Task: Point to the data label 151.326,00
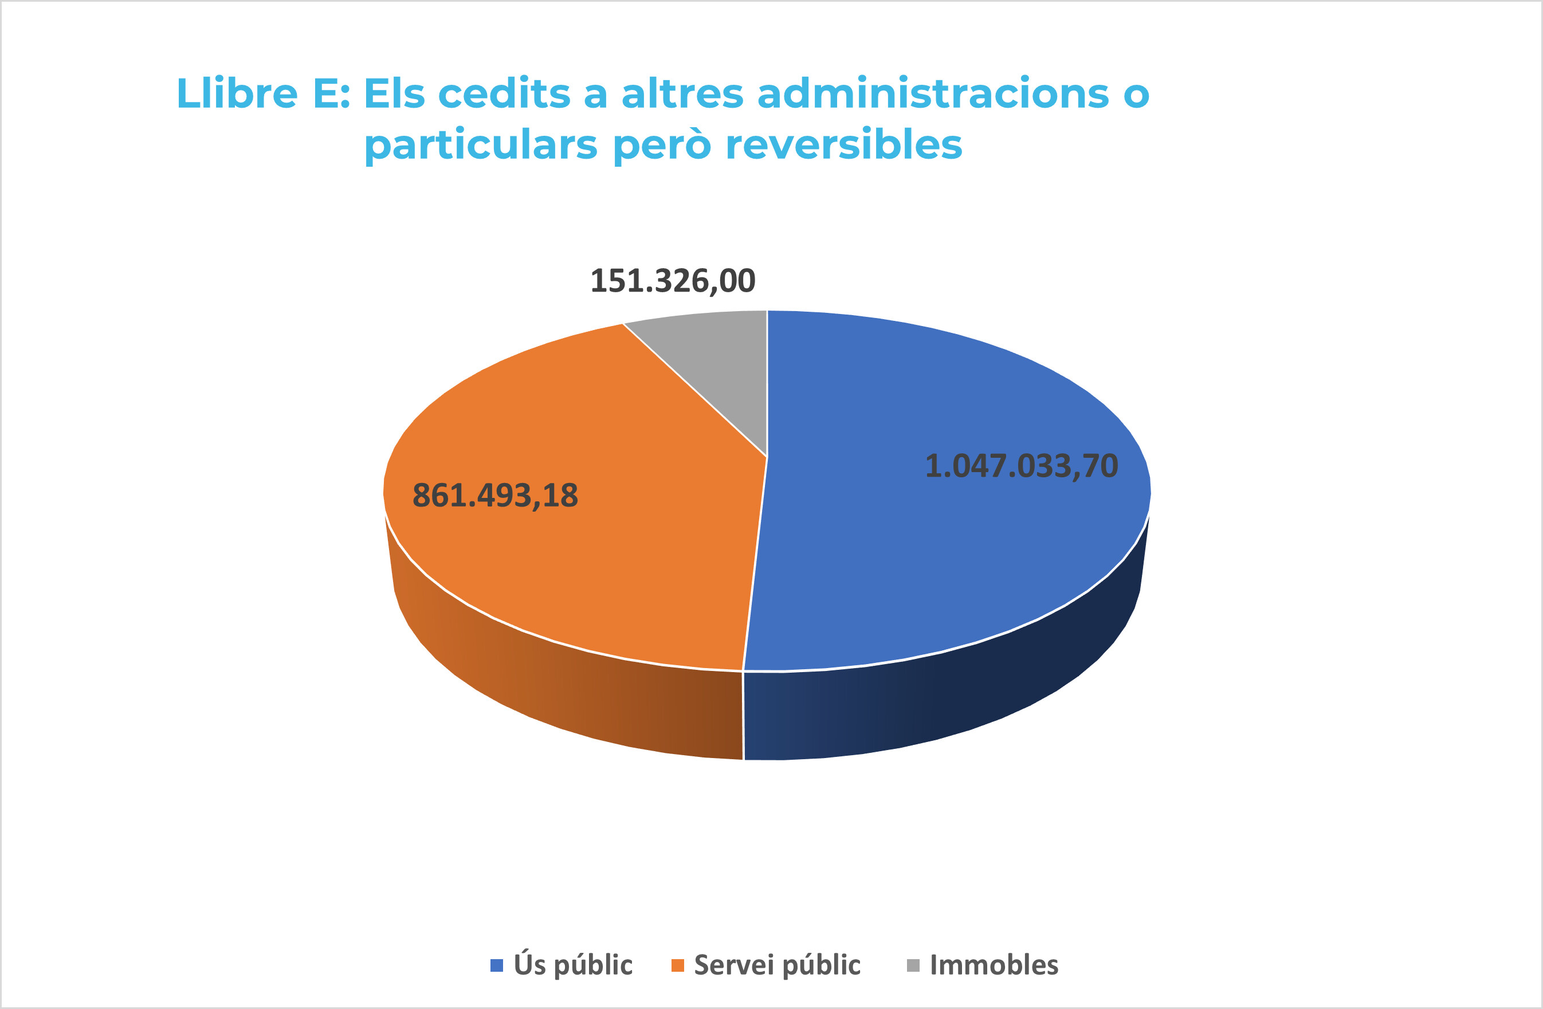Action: (672, 281)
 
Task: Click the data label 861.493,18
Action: (494, 496)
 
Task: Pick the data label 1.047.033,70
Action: (1021, 466)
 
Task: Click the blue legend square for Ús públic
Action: (497, 965)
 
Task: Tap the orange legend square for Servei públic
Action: (677, 965)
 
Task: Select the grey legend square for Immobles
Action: (913, 965)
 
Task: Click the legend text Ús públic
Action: (572, 965)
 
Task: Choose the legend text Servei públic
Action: (777, 965)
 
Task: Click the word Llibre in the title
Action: (237, 93)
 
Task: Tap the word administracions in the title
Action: (933, 93)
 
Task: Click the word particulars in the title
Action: (480, 146)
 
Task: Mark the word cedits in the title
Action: (504, 93)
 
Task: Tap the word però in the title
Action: (661, 146)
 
